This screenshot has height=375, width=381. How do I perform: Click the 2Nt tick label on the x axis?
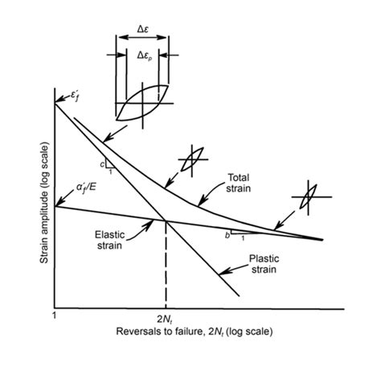[x=165, y=319]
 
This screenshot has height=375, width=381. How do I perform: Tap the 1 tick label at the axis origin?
[x=54, y=317]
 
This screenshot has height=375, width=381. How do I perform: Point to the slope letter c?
[x=103, y=163]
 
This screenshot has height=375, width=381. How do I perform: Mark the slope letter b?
[x=227, y=237]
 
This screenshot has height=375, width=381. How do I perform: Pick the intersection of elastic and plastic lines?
[x=166, y=220]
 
